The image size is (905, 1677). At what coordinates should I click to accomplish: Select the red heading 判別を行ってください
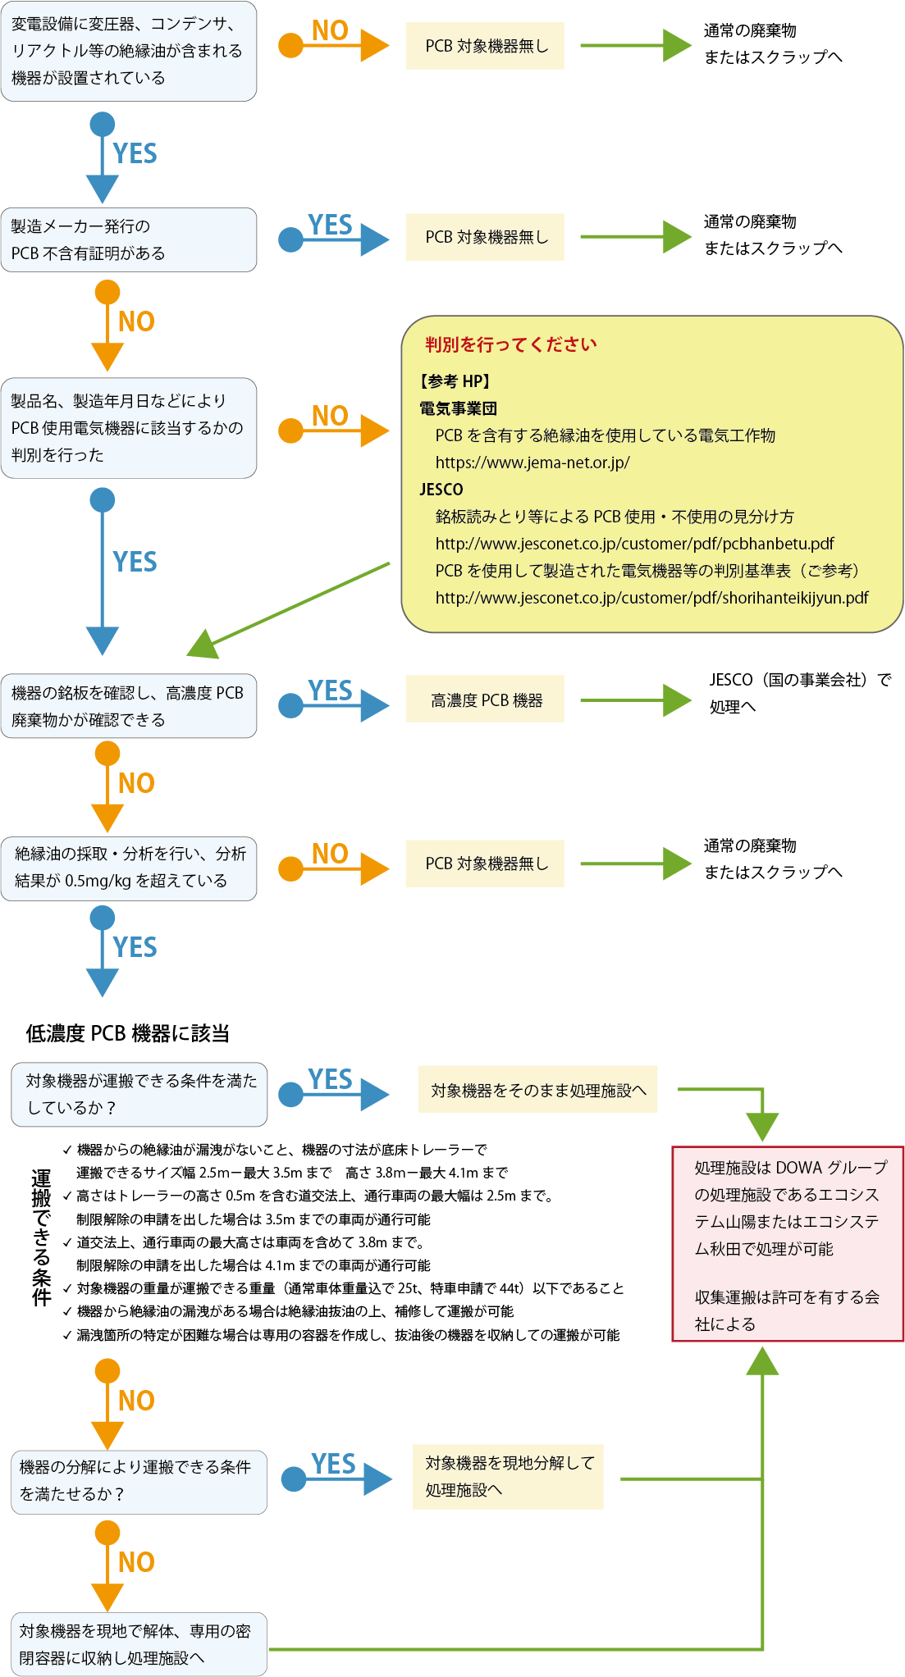(510, 344)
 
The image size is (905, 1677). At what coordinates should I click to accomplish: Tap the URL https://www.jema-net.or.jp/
(532, 463)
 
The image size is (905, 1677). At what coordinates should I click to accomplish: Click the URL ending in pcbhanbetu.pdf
(633, 544)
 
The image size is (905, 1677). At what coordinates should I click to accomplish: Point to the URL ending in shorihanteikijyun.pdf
(651, 598)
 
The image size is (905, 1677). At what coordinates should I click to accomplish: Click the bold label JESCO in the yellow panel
(441, 490)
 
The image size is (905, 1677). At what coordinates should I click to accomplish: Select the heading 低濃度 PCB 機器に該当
(127, 1033)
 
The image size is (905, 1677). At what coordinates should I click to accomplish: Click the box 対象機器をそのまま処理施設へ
(537, 1090)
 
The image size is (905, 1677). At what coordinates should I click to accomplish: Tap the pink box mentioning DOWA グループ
(787, 1243)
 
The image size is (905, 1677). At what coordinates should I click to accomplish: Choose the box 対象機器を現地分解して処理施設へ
(508, 1476)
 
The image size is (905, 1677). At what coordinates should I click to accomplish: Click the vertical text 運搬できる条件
(41, 1238)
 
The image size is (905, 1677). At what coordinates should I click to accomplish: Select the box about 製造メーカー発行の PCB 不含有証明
(129, 239)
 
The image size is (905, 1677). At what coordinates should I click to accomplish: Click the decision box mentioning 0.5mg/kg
(129, 868)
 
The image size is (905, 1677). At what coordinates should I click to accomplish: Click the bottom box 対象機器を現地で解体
(139, 1644)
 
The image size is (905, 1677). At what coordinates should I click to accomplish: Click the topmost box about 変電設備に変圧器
(129, 51)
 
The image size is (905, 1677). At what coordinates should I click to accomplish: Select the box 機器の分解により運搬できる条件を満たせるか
(139, 1482)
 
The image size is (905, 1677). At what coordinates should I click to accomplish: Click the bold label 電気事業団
(458, 408)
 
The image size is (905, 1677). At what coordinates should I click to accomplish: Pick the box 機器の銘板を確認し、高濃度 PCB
(129, 706)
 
